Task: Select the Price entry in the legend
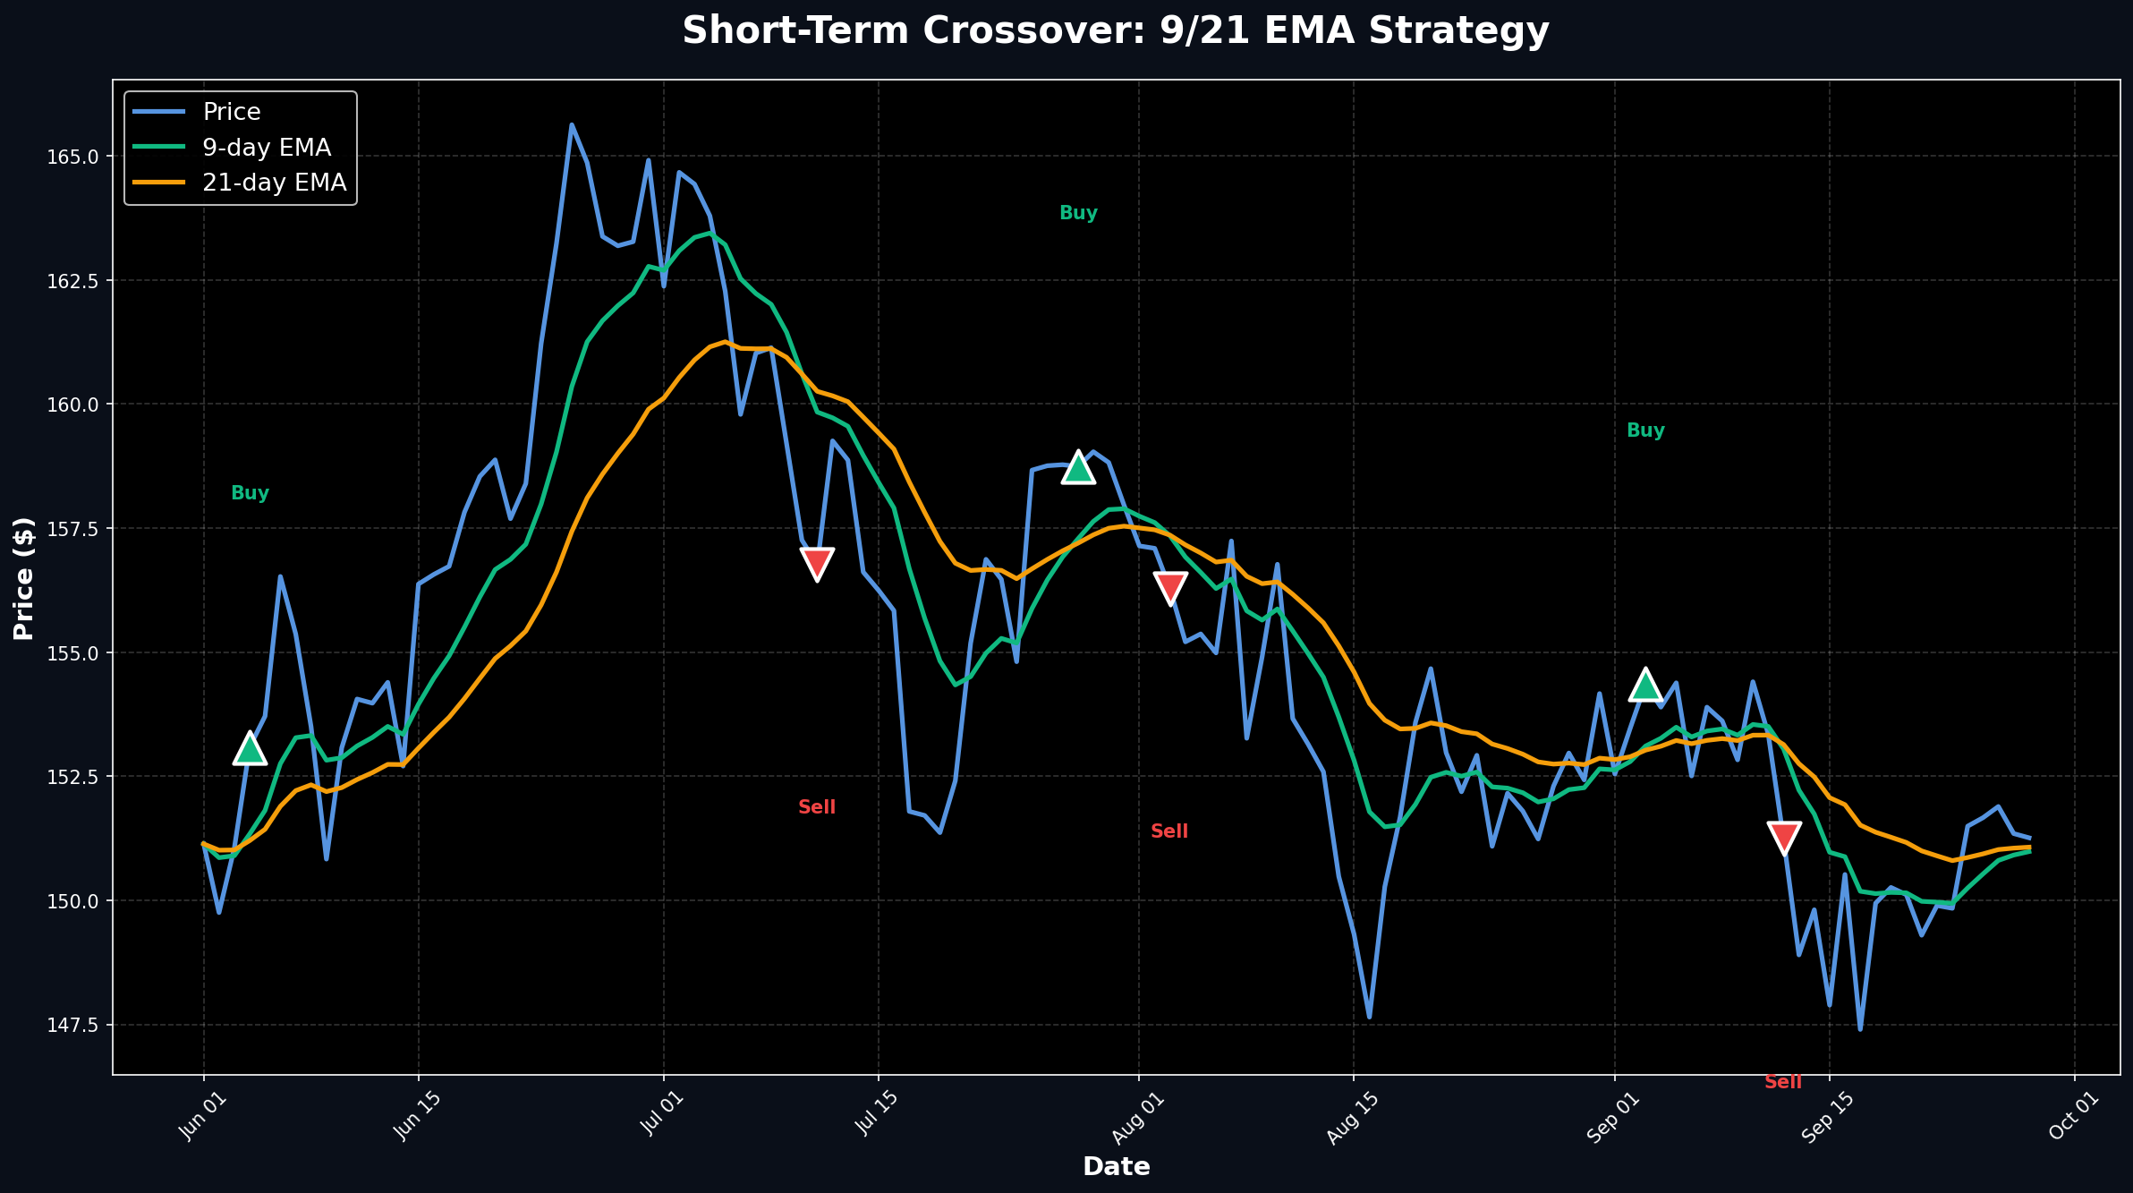click(x=231, y=112)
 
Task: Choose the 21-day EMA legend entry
click(x=274, y=183)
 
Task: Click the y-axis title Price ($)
click(x=24, y=577)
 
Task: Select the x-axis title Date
click(x=1116, y=1166)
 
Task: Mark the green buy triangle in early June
click(x=250, y=748)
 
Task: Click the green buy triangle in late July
click(x=1078, y=467)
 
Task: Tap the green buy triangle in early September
click(x=1645, y=685)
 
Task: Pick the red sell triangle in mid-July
click(x=817, y=563)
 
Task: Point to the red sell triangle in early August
click(x=1170, y=587)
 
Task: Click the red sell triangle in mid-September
click(x=1784, y=837)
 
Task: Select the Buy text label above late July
click(x=1078, y=213)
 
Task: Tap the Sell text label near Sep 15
click(x=1783, y=1082)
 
